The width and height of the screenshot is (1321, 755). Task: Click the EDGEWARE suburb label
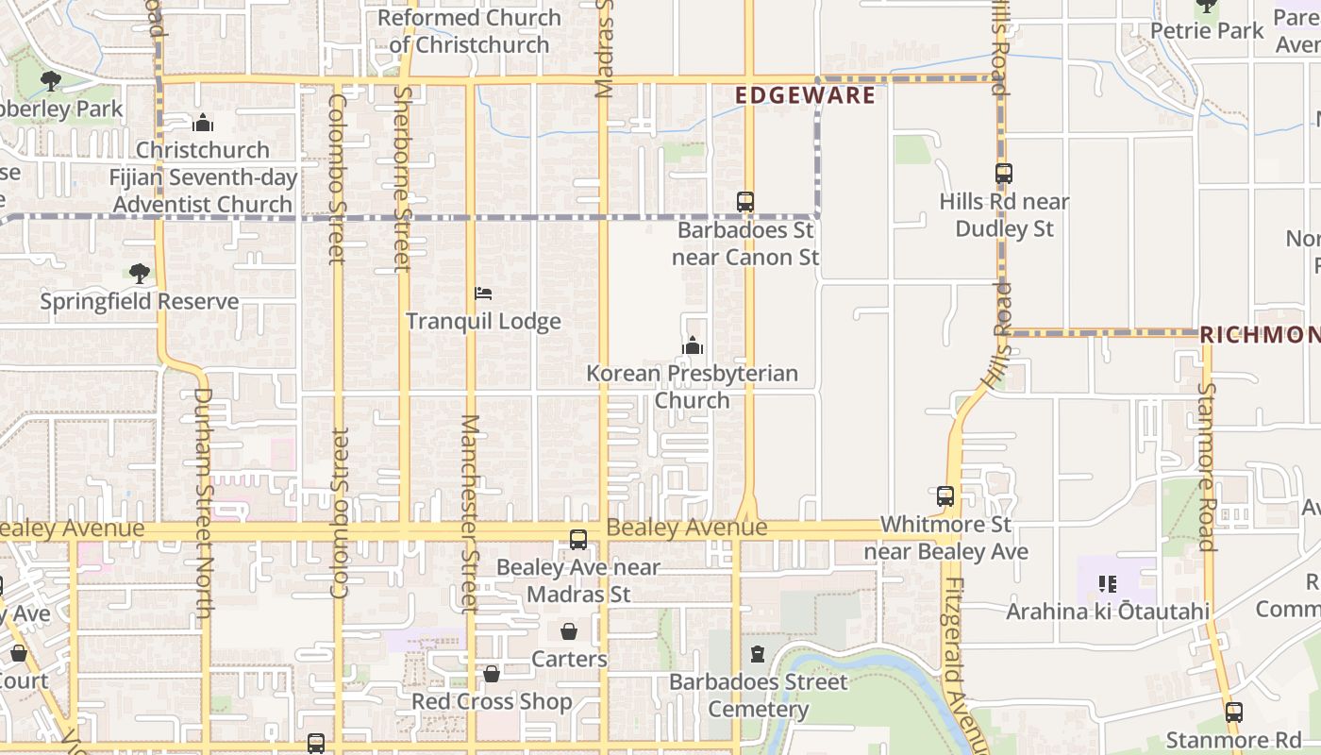pos(805,95)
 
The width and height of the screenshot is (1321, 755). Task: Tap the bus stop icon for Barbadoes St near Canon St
pos(745,201)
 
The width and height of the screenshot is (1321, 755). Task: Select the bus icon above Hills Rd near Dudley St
pos(1003,174)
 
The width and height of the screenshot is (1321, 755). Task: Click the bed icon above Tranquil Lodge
pos(483,294)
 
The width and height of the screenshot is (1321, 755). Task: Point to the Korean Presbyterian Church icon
pos(693,346)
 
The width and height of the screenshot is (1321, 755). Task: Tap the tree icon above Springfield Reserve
pos(140,274)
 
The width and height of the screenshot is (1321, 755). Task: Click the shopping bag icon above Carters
pos(569,631)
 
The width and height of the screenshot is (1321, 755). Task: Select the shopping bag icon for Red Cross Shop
pos(492,674)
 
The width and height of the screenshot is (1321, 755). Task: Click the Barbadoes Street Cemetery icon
pos(758,653)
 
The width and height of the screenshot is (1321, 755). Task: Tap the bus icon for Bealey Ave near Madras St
pos(578,540)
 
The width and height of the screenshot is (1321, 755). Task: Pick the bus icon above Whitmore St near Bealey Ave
pos(945,496)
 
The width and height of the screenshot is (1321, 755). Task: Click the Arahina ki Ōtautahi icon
pos(1108,584)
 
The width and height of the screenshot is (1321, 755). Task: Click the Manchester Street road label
pos(470,513)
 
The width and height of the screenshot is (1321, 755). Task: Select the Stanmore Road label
pos(1207,465)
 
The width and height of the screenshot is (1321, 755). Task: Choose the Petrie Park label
pos(1207,30)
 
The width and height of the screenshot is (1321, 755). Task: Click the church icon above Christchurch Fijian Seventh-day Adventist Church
pos(202,124)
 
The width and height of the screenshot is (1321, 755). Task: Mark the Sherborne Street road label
pos(402,179)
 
